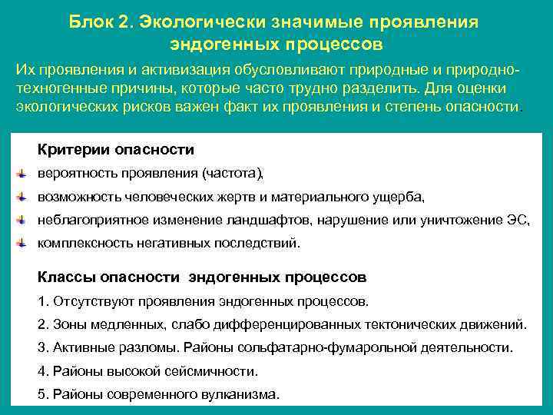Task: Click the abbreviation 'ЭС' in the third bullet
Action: point(518,221)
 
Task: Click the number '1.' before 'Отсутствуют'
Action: point(42,300)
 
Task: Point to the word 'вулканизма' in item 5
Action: point(247,395)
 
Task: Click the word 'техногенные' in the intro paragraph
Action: point(51,88)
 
